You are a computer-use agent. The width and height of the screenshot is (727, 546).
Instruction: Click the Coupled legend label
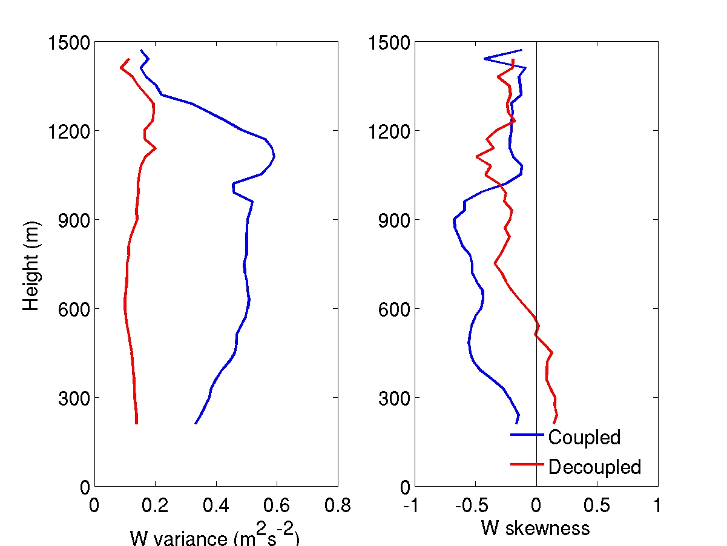click(584, 436)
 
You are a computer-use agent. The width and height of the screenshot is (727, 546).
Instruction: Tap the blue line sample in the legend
click(527, 434)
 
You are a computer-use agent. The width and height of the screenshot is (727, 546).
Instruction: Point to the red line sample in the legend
click(527, 464)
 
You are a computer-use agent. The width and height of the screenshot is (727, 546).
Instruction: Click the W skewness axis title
click(535, 528)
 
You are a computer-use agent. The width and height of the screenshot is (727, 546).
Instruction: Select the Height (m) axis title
click(31, 265)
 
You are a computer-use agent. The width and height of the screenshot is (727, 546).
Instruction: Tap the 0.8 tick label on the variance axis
click(337, 505)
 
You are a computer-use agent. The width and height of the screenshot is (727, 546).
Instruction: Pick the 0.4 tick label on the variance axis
click(215, 505)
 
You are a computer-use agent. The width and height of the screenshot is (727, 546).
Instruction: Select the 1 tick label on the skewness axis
click(657, 505)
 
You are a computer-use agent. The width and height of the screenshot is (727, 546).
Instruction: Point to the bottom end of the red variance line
click(136, 423)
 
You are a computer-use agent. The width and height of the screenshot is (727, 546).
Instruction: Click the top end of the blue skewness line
click(521, 50)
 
